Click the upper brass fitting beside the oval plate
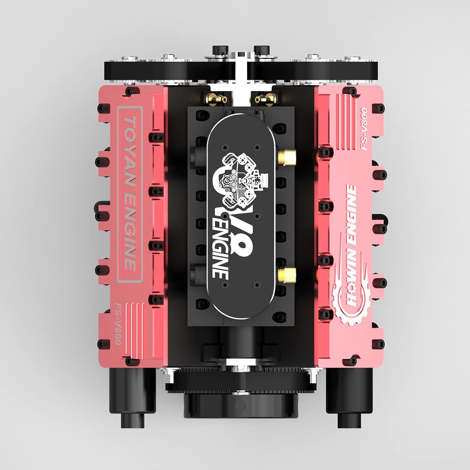coord(287,156)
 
